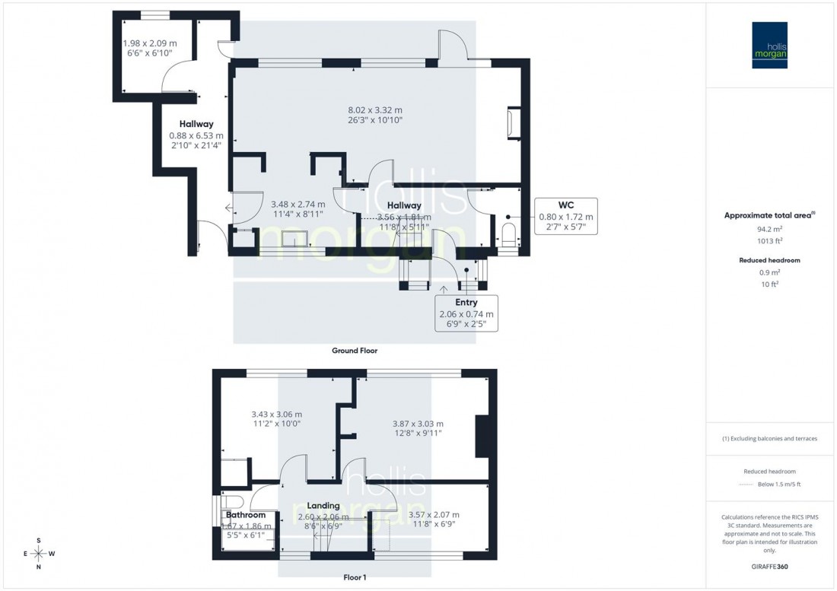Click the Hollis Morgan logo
click(x=770, y=45)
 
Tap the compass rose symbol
click(x=39, y=553)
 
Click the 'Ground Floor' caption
click(x=355, y=351)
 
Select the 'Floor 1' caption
click(x=355, y=577)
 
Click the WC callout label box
click(x=565, y=217)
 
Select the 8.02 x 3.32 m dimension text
click(x=371, y=110)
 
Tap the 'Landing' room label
click(x=323, y=506)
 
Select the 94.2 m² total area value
click(x=769, y=227)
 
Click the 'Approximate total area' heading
click(x=769, y=215)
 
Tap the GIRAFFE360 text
click(x=769, y=567)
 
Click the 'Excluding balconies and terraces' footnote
click(x=769, y=439)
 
